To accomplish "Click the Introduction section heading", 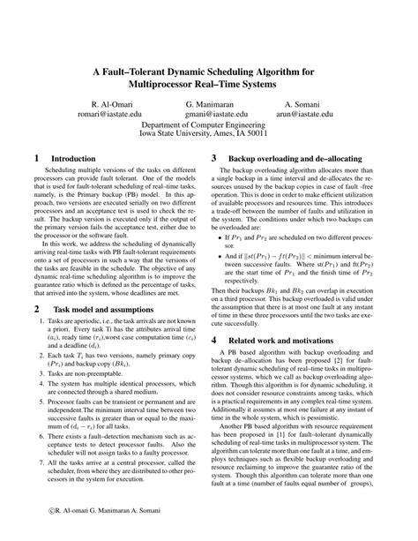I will click(x=73, y=159).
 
